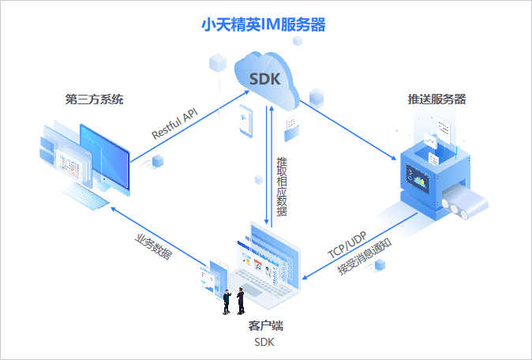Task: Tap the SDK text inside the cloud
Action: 264,79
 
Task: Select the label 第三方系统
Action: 94,100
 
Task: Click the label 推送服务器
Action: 436,100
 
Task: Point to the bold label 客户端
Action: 265,325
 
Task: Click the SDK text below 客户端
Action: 265,342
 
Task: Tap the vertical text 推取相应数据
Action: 282,186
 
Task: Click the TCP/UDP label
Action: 347,246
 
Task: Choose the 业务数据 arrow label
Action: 153,246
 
